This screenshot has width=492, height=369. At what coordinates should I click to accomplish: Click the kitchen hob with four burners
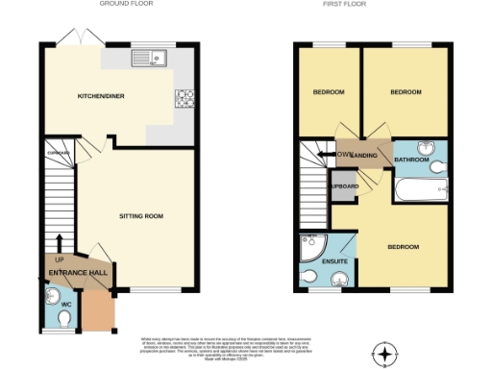184,97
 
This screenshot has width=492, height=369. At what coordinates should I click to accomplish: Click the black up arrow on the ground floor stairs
59,241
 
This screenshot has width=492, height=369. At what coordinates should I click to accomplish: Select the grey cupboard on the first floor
344,184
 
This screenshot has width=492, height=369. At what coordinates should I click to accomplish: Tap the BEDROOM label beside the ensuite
403,247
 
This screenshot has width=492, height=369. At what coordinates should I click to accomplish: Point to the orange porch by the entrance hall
97,309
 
